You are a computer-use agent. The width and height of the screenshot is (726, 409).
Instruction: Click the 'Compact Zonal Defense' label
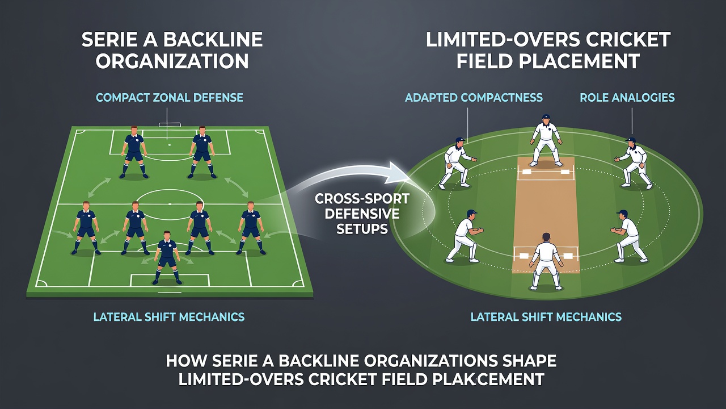[170, 98]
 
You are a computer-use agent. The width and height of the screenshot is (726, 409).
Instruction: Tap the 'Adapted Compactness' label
[474, 98]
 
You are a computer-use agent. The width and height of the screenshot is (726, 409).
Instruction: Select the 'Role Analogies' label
[627, 98]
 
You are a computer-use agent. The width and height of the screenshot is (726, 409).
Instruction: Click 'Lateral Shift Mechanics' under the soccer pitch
[169, 317]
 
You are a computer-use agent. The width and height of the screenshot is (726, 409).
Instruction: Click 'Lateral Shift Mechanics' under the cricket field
[546, 317]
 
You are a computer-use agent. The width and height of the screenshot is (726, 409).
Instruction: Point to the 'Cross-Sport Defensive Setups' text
[362, 214]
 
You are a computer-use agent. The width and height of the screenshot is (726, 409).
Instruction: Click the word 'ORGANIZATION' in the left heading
[172, 61]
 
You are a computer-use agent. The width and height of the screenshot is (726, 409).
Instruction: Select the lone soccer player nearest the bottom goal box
[167, 257]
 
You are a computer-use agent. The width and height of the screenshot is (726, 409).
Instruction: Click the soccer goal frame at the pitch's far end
[170, 125]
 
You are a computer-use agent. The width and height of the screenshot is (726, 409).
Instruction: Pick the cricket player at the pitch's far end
[546, 140]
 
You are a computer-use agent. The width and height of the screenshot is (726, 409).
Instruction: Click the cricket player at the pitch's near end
[546, 261]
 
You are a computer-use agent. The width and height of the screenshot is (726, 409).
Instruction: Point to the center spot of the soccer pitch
[170, 204]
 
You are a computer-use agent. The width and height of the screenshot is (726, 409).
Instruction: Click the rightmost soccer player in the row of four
[251, 228]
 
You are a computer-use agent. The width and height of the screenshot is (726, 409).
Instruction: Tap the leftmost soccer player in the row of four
[86, 228]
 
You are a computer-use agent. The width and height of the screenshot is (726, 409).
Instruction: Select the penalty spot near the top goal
[169, 144]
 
